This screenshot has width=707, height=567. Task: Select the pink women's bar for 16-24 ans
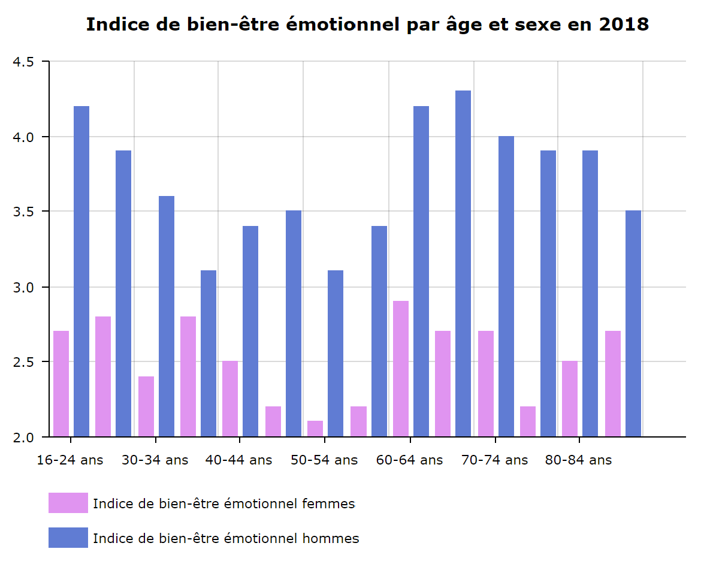pyautogui.click(x=61, y=384)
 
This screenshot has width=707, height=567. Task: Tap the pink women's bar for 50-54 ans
pyautogui.click(x=315, y=429)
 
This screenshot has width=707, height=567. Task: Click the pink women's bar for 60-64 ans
pyautogui.click(x=401, y=369)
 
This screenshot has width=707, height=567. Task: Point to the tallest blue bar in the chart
pyautogui.click(x=463, y=264)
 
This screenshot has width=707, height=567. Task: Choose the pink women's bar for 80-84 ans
pyautogui.click(x=570, y=399)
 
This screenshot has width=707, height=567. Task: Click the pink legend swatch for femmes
pyautogui.click(x=68, y=503)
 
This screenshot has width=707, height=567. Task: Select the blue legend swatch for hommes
pyautogui.click(x=68, y=538)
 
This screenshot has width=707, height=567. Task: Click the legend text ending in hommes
pyautogui.click(x=226, y=538)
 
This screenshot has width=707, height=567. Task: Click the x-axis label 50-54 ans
pyautogui.click(x=324, y=460)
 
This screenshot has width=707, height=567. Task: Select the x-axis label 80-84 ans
pyautogui.click(x=579, y=460)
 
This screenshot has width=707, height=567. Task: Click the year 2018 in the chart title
pyautogui.click(x=623, y=25)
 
